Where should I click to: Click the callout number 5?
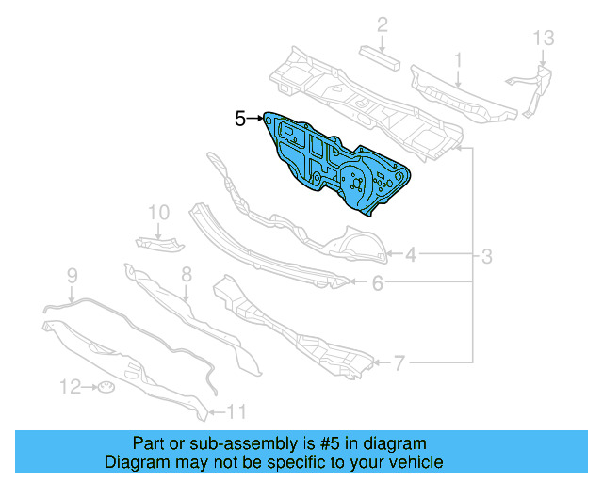(240, 119)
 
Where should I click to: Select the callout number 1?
(458, 61)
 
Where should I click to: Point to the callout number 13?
(546, 39)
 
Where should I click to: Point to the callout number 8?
(187, 275)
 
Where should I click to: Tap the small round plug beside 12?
(106, 388)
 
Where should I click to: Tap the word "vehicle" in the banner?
(410, 462)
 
